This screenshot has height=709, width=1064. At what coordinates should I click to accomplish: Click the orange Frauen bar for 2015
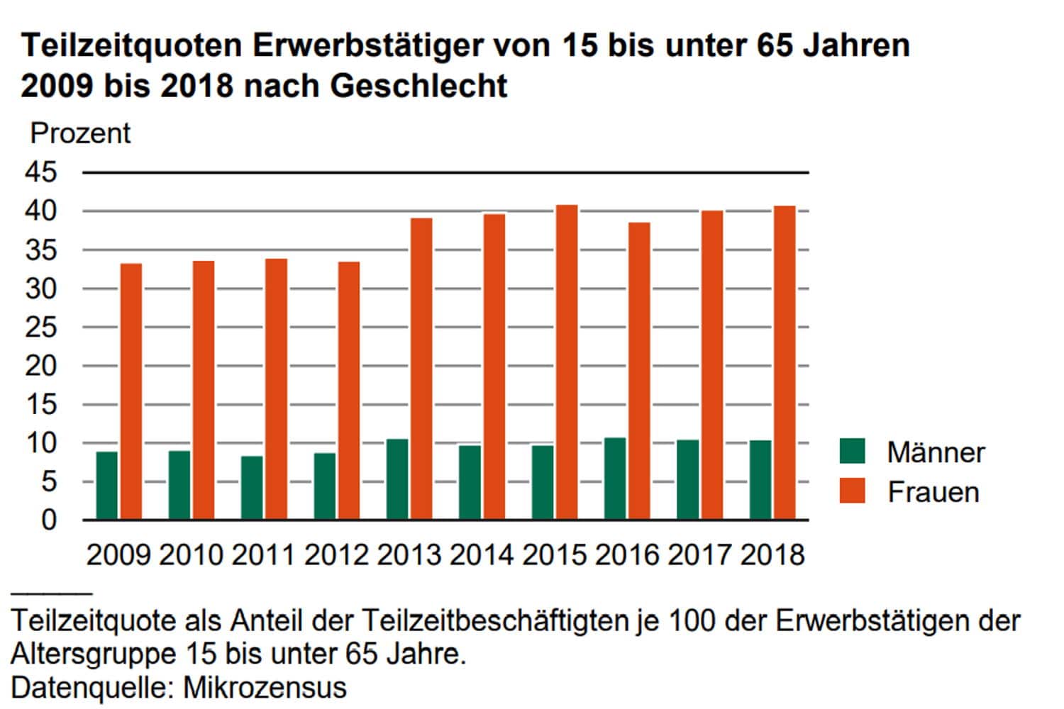point(567,362)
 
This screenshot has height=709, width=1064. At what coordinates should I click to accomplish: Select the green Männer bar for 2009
point(107,486)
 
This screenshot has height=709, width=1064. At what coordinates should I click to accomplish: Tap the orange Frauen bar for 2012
point(349,391)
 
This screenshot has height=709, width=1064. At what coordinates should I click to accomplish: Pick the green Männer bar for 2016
point(615,479)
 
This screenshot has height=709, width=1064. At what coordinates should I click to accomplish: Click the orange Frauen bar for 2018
point(785,362)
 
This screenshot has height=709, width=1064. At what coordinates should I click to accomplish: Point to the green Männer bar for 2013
point(397,479)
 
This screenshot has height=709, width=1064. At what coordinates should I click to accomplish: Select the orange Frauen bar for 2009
point(131,391)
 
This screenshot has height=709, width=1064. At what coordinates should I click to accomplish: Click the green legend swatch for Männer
point(852,451)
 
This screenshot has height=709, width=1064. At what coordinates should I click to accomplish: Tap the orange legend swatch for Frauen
point(852,491)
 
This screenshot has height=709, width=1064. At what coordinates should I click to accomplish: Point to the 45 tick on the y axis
point(40,172)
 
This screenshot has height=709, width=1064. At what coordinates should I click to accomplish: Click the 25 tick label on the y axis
point(40,328)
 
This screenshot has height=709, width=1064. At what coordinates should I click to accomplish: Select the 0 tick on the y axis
point(48,520)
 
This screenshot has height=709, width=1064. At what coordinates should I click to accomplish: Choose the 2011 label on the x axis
point(264,554)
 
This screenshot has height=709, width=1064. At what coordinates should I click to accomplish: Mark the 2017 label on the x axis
point(699,554)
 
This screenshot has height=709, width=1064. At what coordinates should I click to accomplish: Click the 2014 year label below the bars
point(482,554)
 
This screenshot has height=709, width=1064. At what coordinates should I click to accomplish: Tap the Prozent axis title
point(80,133)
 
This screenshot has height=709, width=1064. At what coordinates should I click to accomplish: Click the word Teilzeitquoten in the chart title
point(131,46)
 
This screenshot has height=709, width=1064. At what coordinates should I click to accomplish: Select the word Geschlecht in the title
point(419,86)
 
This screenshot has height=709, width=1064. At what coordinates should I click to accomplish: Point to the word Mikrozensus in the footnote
point(265,687)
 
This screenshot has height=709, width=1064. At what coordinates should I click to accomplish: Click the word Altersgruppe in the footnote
point(95,654)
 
